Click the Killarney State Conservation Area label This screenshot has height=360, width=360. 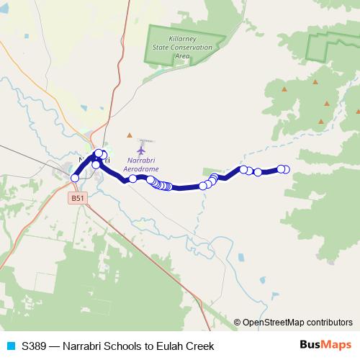coord(182,47)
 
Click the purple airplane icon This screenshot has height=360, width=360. coord(140,149)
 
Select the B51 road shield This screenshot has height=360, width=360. coord(78,197)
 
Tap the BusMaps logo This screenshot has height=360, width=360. coord(325,345)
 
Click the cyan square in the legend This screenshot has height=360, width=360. coord(10,346)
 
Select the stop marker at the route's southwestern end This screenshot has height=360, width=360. coord(75,178)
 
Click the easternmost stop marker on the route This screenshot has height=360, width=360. coord(286,169)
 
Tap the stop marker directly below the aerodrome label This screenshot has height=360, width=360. coord(133,179)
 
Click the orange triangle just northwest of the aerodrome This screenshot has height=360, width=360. coord(130,135)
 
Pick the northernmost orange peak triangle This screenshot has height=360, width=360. coord(315,82)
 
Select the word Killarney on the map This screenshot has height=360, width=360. coord(182,39)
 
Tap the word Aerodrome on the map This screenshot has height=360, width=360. coord(140,167)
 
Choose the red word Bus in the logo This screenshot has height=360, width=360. coord(310,345)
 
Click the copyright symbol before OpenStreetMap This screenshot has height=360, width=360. coord(237,323)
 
